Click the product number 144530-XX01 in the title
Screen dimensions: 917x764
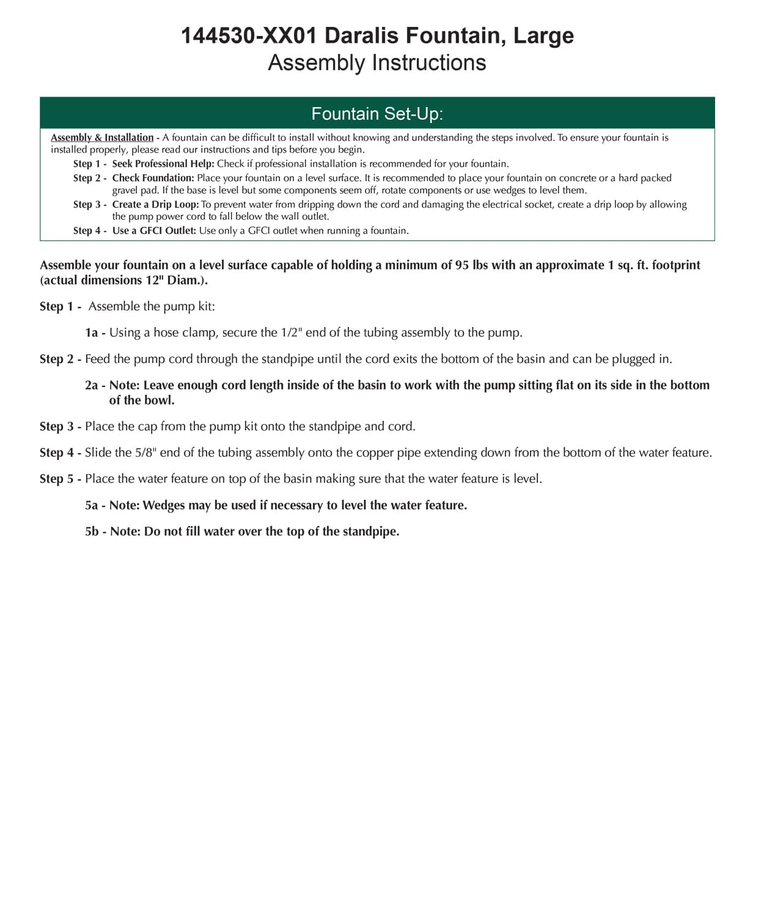[249, 36]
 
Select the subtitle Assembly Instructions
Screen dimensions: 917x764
[376, 63]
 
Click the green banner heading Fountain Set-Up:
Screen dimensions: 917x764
[376, 114]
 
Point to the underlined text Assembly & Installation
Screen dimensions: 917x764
[102, 138]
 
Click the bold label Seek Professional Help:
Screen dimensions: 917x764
[163, 164]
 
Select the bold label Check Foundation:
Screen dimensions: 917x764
[153, 178]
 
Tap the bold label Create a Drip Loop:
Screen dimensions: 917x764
[155, 204]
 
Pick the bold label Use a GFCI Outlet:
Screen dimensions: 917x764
[154, 230]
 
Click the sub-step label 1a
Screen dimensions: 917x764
[92, 333]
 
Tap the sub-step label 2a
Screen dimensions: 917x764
[92, 386]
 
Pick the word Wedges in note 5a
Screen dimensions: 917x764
[163, 506]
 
